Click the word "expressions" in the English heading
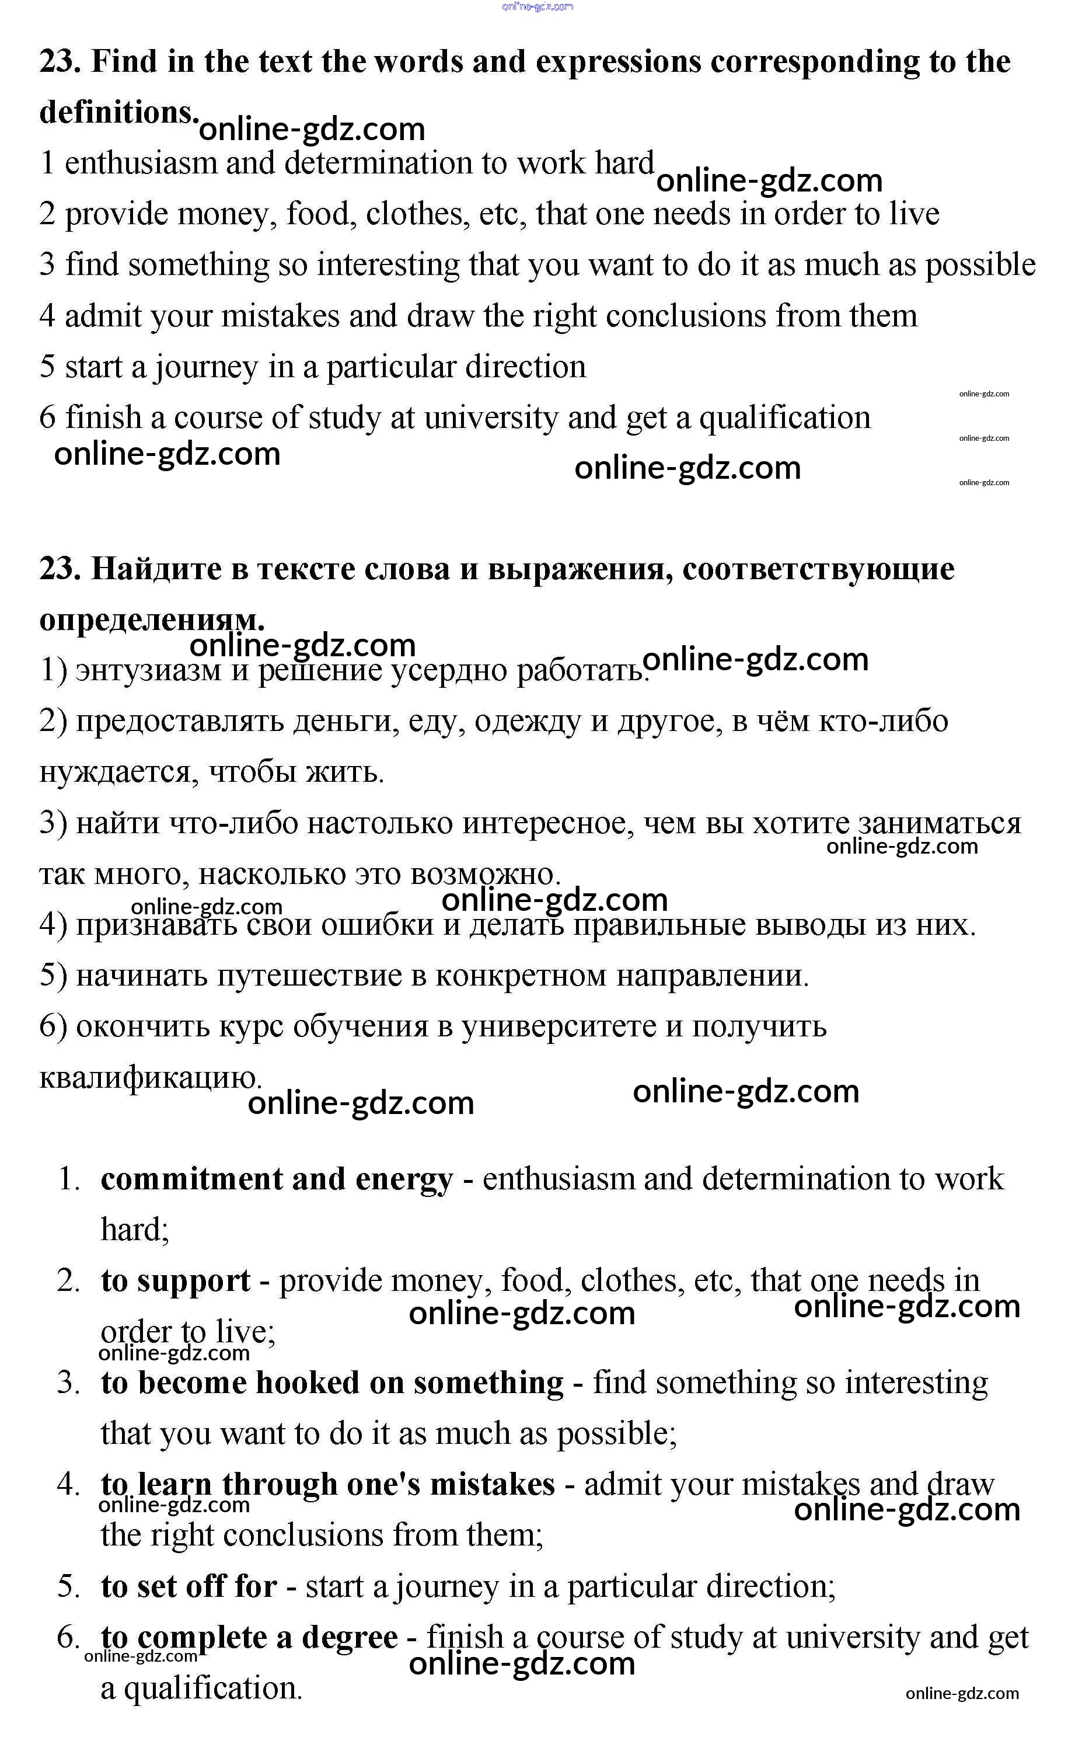618,62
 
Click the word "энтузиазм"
148,671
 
